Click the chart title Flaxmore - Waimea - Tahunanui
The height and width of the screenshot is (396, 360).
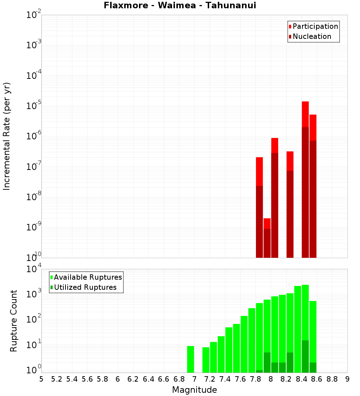(180, 5)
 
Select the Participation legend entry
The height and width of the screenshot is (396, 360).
(315, 26)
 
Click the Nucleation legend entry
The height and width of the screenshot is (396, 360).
(311, 36)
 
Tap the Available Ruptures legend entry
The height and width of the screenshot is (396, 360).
(87, 277)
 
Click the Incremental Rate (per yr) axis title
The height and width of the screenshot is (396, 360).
(7, 136)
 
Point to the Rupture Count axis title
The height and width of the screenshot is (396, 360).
(14, 320)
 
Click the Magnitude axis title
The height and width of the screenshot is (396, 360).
(194, 390)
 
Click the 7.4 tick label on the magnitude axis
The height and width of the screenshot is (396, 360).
(225, 379)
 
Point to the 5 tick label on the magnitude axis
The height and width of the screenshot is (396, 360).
(41, 379)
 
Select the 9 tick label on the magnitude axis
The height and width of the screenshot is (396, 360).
(347, 379)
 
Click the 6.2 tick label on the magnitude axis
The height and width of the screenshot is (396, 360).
(133, 379)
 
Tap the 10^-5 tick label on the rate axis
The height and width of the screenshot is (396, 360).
(34, 106)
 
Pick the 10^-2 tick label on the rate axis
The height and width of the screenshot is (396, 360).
(34, 15)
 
